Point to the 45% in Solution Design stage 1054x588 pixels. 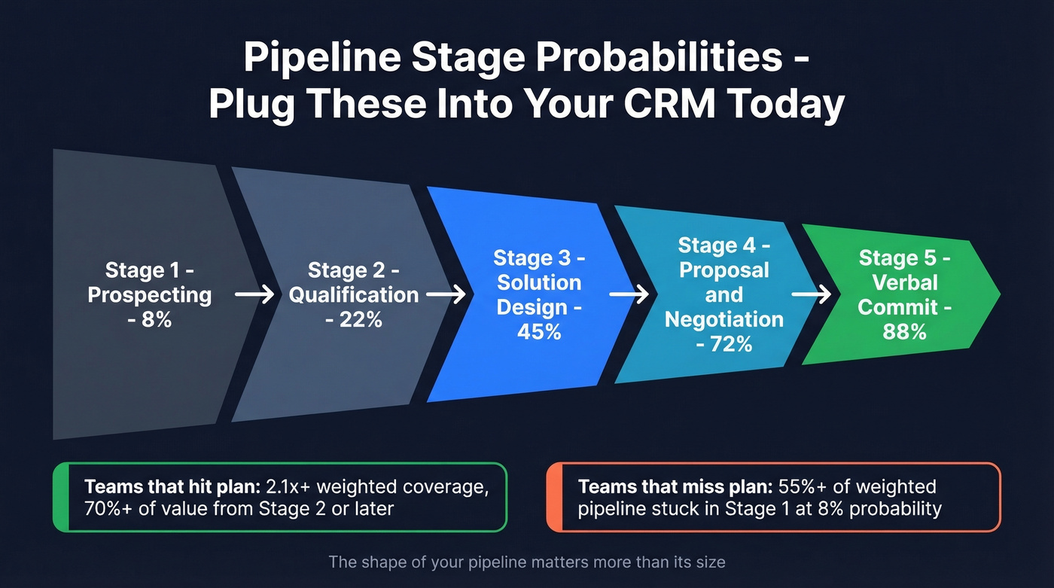click(x=539, y=331)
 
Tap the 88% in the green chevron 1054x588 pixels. click(x=904, y=331)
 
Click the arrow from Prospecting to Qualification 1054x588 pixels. click(x=254, y=294)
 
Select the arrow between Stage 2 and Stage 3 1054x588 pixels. click(x=446, y=294)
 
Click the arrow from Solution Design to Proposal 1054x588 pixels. click(x=629, y=294)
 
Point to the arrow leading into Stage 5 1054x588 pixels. click(x=812, y=294)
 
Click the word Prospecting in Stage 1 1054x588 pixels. click(x=150, y=294)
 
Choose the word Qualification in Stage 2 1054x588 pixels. click(x=354, y=294)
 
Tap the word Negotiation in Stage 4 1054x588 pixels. click(x=724, y=319)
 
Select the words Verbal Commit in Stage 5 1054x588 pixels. click(x=904, y=295)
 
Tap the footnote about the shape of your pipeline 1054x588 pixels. click(x=527, y=562)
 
